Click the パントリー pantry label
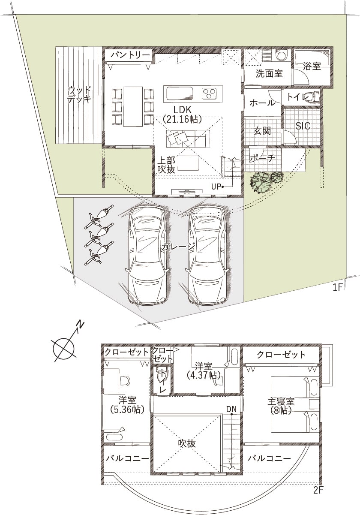(x=130, y=55)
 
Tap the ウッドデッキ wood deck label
(x=79, y=94)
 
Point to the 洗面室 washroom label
(x=269, y=74)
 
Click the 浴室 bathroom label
(x=312, y=66)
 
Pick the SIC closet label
(x=303, y=126)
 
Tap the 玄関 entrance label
(x=262, y=131)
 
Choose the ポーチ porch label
(x=262, y=158)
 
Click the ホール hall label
(x=262, y=102)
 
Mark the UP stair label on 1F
(x=216, y=187)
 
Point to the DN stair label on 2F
(x=231, y=409)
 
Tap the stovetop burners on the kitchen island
(x=209, y=93)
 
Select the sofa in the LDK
(x=188, y=139)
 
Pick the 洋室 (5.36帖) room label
(x=127, y=405)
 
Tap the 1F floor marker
(x=338, y=288)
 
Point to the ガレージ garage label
(x=178, y=247)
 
